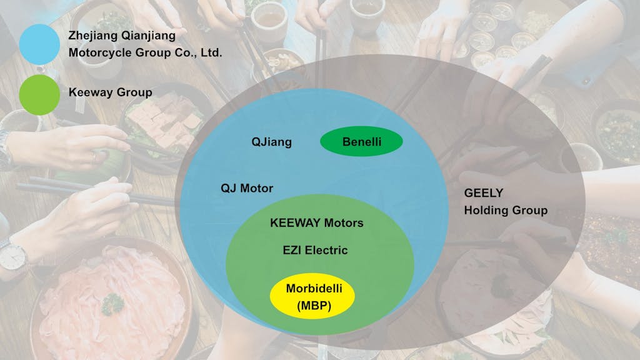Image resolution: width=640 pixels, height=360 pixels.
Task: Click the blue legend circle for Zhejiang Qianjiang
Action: pos(39,44)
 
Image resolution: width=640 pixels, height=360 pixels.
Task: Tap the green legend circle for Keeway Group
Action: pos(39,95)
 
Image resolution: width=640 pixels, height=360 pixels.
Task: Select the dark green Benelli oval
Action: pos(361,142)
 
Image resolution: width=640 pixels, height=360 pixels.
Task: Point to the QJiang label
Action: pos(271,142)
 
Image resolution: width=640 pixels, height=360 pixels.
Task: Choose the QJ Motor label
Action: pos(247,188)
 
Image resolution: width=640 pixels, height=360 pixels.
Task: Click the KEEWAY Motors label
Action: pos(316,222)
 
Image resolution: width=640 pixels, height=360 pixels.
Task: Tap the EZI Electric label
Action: pos(316,250)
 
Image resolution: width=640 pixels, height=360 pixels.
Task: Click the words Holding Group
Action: pos(506,210)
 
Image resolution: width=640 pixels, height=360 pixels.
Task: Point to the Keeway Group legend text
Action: pos(110,92)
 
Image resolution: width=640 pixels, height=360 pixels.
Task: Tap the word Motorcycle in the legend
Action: pos(99,52)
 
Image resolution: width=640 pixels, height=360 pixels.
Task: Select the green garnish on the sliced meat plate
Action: pos(113,304)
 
